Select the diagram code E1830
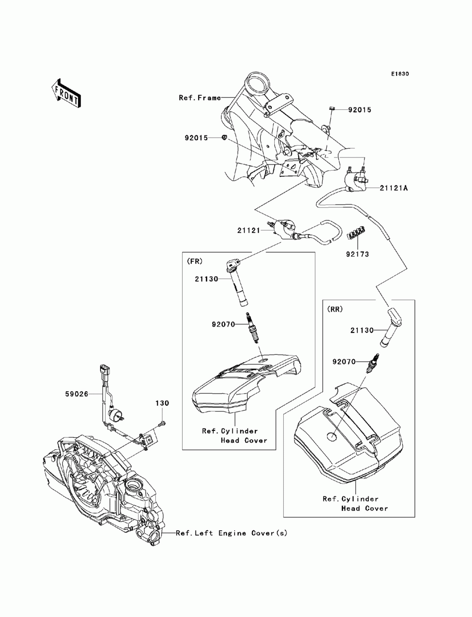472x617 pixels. [399, 74]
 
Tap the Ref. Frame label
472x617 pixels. [200, 98]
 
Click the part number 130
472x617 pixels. [162, 403]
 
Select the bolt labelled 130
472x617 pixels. [162, 423]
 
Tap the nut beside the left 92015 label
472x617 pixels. [225, 138]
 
